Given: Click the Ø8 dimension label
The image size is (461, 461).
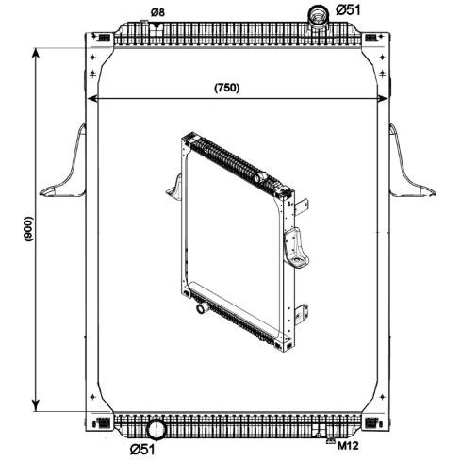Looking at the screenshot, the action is (157, 12).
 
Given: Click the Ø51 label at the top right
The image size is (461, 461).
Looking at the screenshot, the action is (348, 10).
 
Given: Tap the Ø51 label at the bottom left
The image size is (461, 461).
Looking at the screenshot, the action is (142, 450).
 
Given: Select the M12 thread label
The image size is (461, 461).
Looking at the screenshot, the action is (348, 445).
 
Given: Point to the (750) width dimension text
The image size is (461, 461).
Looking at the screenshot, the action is (227, 88).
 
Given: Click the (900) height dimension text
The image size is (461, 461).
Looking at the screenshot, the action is (28, 229).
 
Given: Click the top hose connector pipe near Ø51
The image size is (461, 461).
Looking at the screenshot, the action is (318, 17).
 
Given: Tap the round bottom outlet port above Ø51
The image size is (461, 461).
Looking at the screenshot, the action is (156, 429).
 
